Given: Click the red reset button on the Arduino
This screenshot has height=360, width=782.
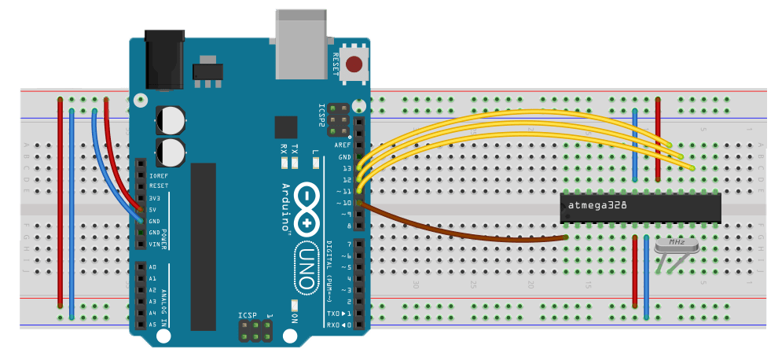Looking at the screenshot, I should (x=354, y=64).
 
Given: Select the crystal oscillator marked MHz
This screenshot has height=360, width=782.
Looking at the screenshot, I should (x=675, y=245).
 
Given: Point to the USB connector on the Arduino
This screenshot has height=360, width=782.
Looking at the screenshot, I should (x=302, y=45).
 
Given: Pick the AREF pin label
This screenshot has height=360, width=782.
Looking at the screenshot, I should (x=343, y=145).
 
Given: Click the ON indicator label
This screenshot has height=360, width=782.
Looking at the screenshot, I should (x=296, y=318).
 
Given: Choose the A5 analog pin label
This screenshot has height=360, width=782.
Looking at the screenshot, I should (x=152, y=325).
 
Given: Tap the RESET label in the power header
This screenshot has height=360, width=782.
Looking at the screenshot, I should (x=159, y=186).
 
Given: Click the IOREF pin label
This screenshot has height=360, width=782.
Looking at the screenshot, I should (x=159, y=174).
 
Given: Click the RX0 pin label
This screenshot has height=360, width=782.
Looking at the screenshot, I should (x=333, y=325).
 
